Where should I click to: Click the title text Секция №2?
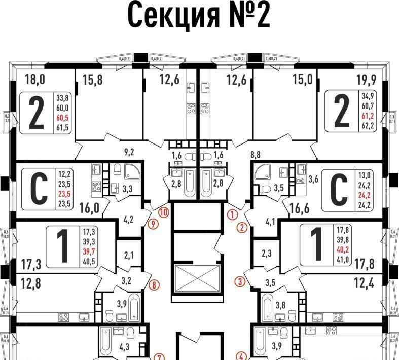tap(199, 15)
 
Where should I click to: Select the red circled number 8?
tap(154, 285)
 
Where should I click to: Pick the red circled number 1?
tap(232, 214)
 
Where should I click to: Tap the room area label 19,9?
tap(363, 79)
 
